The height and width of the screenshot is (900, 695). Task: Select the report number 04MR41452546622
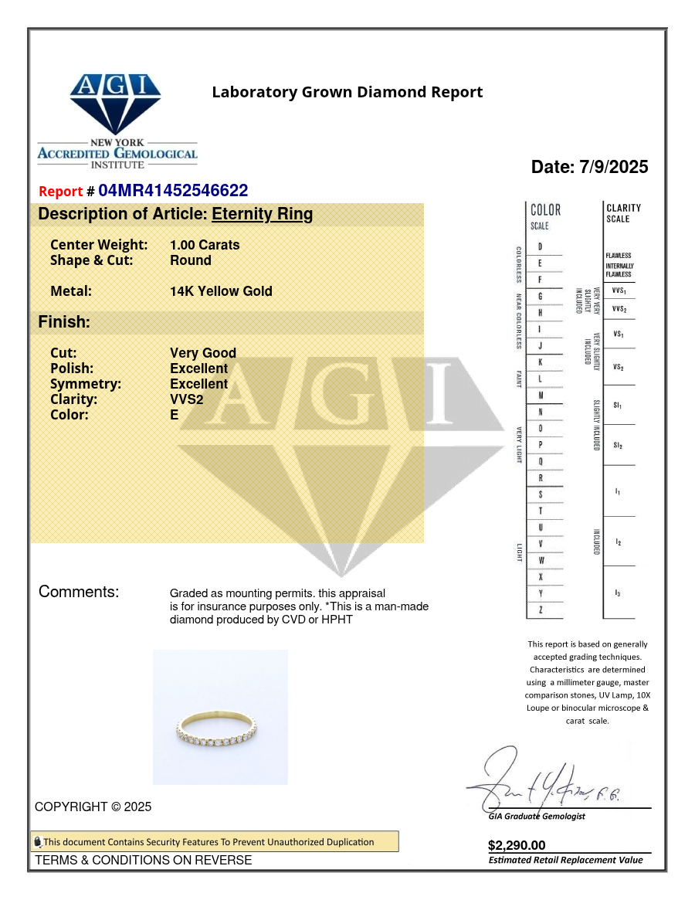pyautogui.click(x=173, y=191)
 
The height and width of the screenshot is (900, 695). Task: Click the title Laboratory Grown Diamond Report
pyautogui.click(x=347, y=93)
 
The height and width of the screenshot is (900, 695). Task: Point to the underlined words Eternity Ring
pyautogui.click(x=263, y=214)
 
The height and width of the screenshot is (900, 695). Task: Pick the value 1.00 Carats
pyautogui.click(x=205, y=245)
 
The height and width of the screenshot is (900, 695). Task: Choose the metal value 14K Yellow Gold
pyautogui.click(x=221, y=291)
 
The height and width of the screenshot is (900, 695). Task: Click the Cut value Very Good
pyautogui.click(x=203, y=353)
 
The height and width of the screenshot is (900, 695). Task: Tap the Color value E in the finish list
pyautogui.click(x=175, y=415)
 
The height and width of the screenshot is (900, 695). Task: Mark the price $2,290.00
pyautogui.click(x=517, y=845)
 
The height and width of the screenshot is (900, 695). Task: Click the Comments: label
pyautogui.click(x=79, y=592)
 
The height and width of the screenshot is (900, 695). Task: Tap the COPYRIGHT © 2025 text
pyautogui.click(x=93, y=807)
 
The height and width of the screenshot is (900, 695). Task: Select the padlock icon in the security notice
pyautogui.click(x=37, y=842)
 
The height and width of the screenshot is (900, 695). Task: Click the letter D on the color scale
pyautogui.click(x=540, y=246)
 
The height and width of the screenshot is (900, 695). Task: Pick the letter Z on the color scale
pyautogui.click(x=540, y=610)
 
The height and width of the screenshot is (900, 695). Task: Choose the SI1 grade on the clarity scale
pyautogui.click(x=618, y=405)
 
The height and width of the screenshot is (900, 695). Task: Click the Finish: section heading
pyautogui.click(x=64, y=322)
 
